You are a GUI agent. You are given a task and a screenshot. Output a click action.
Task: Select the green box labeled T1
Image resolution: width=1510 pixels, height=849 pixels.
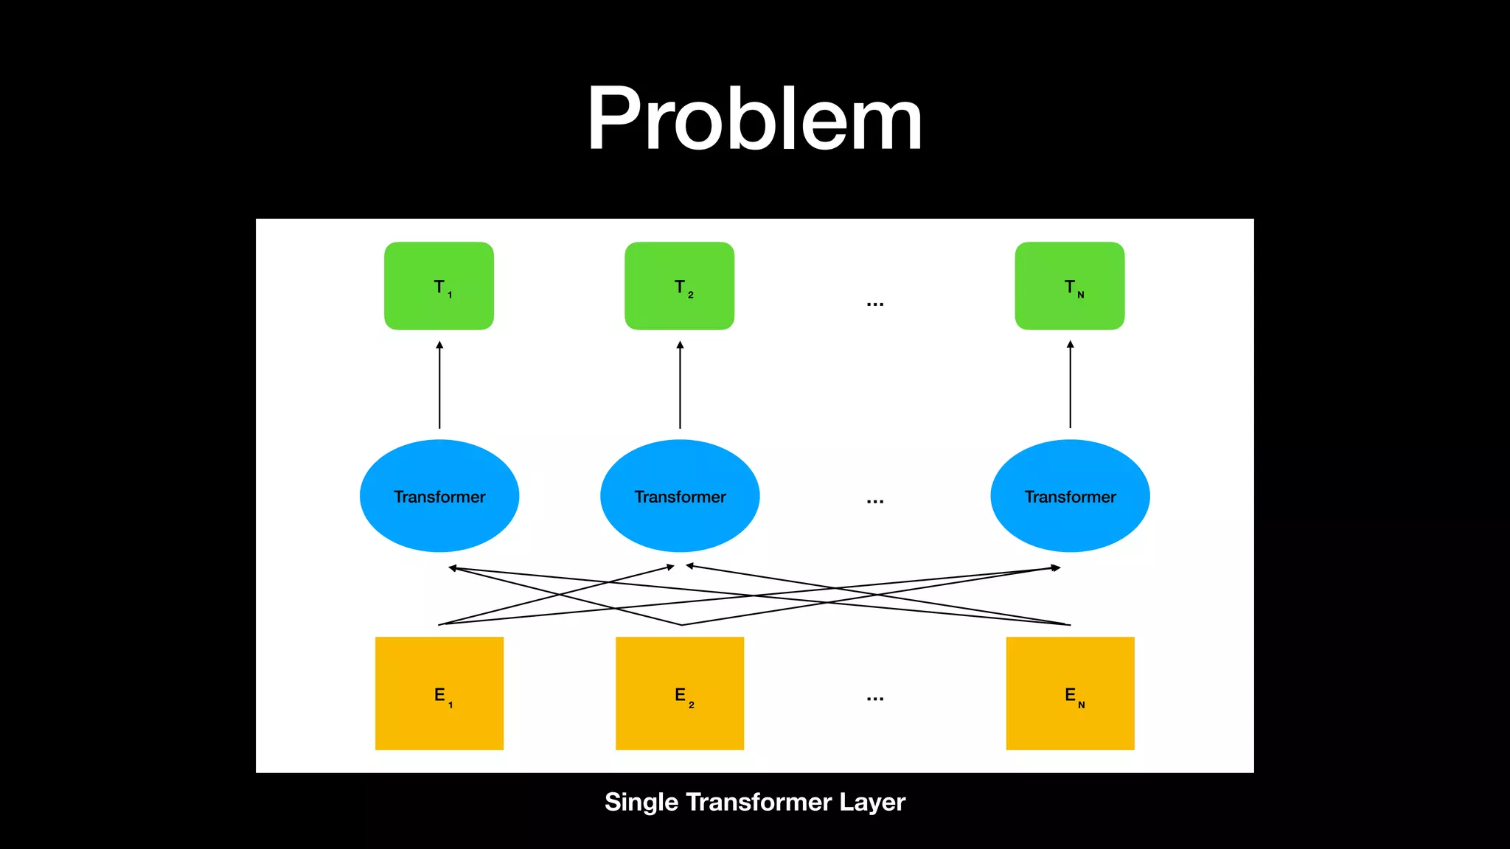coord(439,286)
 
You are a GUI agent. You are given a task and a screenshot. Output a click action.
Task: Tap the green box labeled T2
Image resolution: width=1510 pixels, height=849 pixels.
coord(679,286)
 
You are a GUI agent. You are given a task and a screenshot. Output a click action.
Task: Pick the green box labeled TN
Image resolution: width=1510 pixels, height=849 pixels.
coord(1069,286)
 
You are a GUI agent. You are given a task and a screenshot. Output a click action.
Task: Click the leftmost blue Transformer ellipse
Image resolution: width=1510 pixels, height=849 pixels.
coord(439,496)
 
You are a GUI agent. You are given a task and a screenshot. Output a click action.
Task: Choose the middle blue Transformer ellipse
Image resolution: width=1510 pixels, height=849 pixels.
coord(680,496)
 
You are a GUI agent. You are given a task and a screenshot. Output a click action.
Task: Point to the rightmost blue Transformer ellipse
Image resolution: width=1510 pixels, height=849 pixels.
coord(1070,496)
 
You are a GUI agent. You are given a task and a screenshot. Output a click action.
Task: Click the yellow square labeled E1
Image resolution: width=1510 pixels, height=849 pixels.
coord(439,693)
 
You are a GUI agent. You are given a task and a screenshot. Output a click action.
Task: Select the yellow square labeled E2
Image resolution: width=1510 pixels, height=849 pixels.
coord(680,693)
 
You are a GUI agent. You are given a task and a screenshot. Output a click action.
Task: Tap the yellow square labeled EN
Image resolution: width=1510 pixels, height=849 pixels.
coord(1070,693)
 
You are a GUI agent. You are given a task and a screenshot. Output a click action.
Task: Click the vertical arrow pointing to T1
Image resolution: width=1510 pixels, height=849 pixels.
coord(439,385)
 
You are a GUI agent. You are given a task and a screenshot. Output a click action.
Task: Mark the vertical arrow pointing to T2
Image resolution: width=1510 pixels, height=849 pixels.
coord(680,385)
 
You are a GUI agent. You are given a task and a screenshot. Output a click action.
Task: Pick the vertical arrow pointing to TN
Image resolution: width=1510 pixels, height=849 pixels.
coord(1071,385)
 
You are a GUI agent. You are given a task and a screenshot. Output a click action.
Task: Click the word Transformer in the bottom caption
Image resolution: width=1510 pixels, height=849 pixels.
coord(759,802)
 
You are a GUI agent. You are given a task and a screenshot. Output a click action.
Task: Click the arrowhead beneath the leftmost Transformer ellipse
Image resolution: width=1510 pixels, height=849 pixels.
coord(453,568)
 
